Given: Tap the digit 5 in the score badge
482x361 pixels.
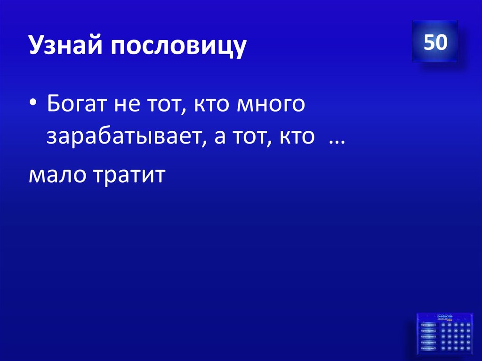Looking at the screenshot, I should pos(429,42).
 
